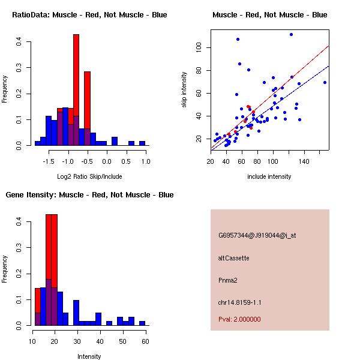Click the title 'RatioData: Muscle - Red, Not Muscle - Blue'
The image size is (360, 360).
click(x=89, y=14)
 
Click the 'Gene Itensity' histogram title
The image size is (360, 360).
click(x=89, y=195)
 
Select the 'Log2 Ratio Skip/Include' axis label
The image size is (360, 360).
click(x=89, y=176)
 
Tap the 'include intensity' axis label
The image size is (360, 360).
click(x=269, y=176)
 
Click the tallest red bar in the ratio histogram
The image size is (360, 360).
click(x=76, y=90)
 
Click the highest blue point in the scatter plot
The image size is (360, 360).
click(x=291, y=34)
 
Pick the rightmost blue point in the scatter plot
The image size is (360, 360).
click(x=325, y=82)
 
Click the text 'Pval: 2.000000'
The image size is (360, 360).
click(x=239, y=319)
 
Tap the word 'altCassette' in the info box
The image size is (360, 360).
click(x=233, y=258)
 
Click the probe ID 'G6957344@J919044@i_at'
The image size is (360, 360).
click(x=257, y=235)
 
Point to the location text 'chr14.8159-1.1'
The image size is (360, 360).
click(x=239, y=302)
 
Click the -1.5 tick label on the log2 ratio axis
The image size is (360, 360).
click(x=49, y=161)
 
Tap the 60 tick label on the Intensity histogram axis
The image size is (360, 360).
click(x=145, y=341)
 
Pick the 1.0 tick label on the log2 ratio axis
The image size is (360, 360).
click(x=145, y=161)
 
